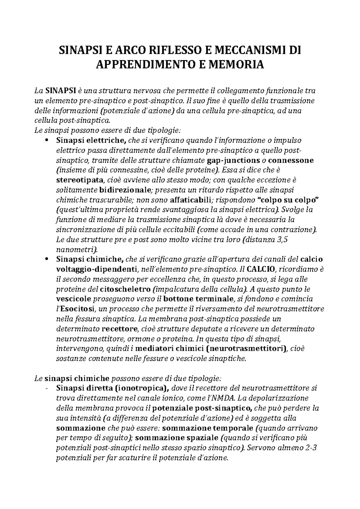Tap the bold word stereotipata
tap(79, 180)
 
